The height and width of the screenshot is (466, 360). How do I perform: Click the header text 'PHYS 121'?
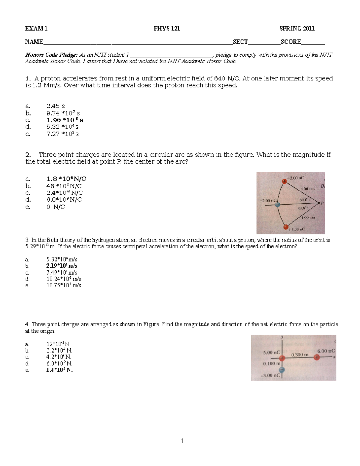tap(167, 29)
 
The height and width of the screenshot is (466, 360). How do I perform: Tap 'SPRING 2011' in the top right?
tap(297, 29)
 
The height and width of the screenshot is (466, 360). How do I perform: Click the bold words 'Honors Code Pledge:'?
tap(51, 55)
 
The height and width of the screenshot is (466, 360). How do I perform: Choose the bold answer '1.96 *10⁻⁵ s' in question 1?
tap(65, 120)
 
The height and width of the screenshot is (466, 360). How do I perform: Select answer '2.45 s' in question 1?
tap(56, 106)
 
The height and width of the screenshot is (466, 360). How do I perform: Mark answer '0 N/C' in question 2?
tap(56, 207)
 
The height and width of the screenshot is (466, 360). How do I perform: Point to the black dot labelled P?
tap(319, 203)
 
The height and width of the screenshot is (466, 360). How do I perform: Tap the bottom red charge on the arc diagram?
tap(286, 227)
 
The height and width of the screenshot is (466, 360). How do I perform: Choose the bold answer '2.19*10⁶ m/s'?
tap(62, 266)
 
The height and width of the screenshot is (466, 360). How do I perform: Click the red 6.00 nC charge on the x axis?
tap(317, 357)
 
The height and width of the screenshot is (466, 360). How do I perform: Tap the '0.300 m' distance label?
tap(300, 355)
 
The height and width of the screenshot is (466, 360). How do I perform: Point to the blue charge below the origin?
tap(282, 370)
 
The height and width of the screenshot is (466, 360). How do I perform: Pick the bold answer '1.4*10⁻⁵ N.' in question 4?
tap(59, 370)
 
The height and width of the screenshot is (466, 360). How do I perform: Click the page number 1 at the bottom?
tap(182, 441)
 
